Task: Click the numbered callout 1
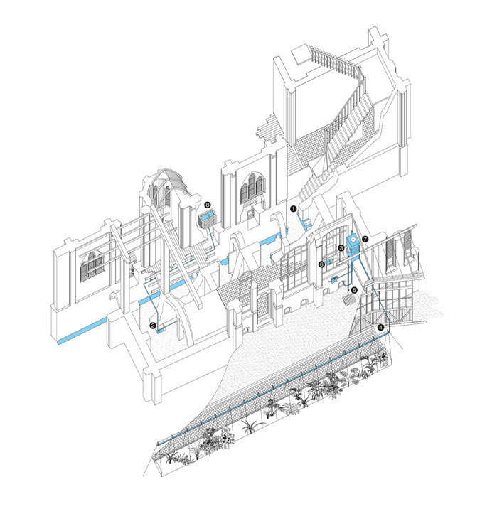point(294,209)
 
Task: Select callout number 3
point(341,248)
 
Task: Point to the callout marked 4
point(380,327)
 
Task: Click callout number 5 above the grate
point(354,289)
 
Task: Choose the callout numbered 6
point(321,264)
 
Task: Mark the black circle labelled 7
point(365,240)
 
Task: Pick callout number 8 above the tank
point(208,205)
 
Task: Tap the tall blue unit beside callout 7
point(353,245)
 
